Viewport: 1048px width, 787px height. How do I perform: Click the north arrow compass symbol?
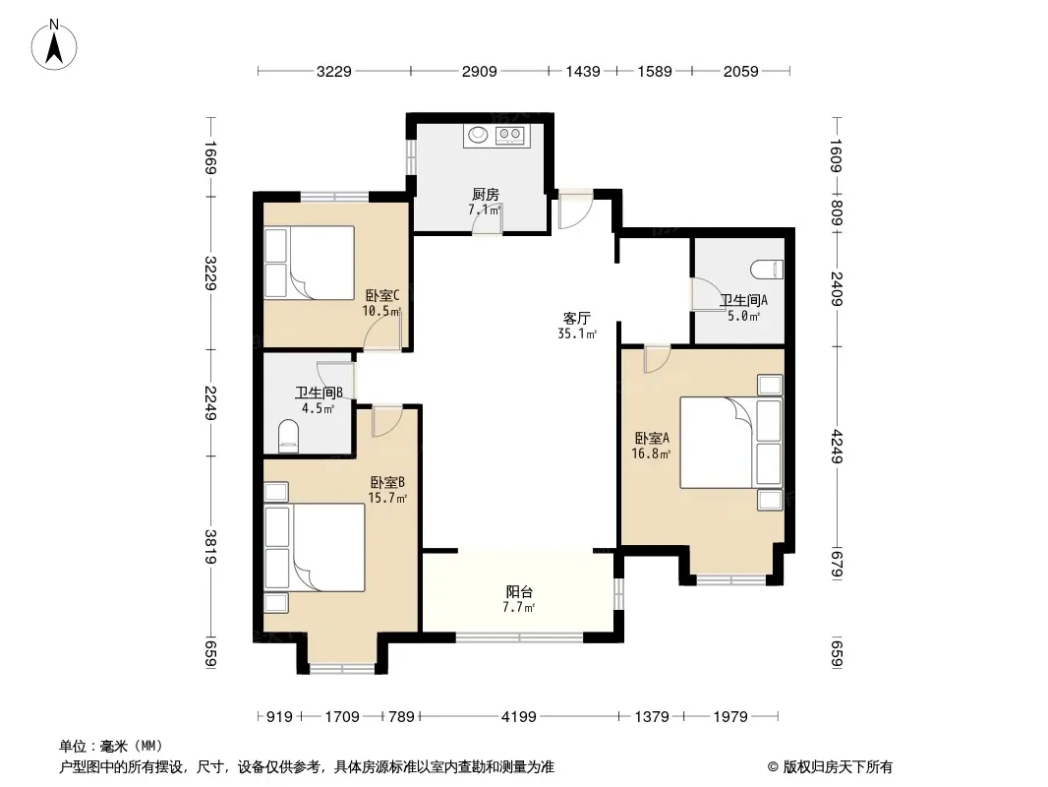click(x=54, y=45)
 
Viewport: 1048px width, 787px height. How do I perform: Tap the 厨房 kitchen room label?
click(x=486, y=195)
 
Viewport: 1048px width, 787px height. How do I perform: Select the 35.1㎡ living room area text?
click(x=577, y=333)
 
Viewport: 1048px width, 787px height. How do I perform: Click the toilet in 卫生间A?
click(x=767, y=270)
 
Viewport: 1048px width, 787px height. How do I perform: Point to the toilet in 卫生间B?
click(x=288, y=436)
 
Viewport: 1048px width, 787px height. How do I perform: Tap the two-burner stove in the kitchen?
click(x=509, y=136)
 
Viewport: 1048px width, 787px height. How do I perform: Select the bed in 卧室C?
click(x=309, y=263)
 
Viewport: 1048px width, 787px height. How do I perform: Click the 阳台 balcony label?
click(x=519, y=592)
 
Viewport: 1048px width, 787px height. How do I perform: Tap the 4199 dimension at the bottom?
click(x=519, y=717)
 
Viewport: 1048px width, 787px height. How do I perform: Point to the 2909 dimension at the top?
click(x=479, y=71)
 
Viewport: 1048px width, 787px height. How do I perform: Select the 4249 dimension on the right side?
click(x=836, y=447)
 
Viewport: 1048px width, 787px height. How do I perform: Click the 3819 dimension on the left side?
click(x=210, y=546)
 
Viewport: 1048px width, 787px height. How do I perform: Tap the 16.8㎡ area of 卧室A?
click(x=651, y=454)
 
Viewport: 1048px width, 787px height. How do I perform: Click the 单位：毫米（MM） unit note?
click(x=111, y=746)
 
